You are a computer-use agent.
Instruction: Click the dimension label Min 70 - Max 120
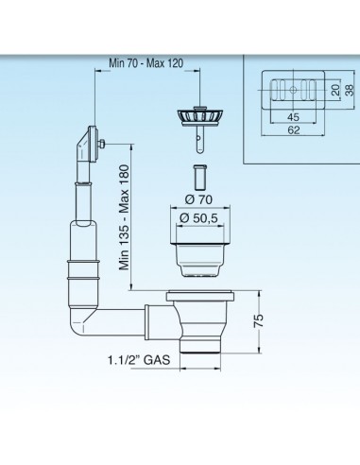pos(146,63)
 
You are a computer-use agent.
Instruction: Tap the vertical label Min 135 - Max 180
pos(124,217)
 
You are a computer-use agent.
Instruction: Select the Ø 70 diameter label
pos(198,199)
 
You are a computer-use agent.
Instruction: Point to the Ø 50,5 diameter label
pos(198,218)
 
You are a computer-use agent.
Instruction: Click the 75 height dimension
pos(259,321)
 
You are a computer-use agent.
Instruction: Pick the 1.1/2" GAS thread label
pos(139,360)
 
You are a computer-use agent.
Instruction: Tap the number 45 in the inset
pos(293,117)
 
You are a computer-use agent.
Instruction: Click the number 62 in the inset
pos(293,130)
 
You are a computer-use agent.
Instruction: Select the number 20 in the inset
pos(336,90)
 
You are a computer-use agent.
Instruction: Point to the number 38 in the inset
pos(350,90)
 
